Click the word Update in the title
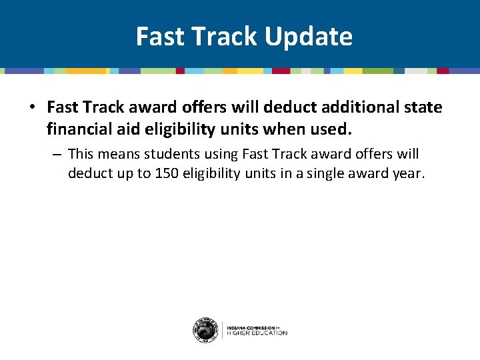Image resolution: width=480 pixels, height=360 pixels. click(308, 37)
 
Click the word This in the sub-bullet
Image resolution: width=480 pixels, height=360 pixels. click(83, 154)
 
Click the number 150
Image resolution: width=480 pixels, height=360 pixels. click(163, 173)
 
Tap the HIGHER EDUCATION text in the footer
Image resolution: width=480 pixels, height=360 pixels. click(257, 333)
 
